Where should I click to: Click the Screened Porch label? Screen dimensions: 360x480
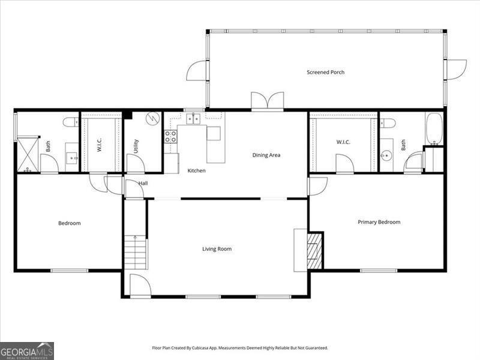click(x=325, y=73)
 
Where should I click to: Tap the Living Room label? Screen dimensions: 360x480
click(x=216, y=249)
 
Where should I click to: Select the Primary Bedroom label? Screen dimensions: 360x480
click(x=379, y=222)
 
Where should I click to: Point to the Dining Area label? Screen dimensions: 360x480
click(x=266, y=155)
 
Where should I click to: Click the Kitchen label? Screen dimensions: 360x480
click(x=196, y=171)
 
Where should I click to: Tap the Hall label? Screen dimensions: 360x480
click(x=143, y=183)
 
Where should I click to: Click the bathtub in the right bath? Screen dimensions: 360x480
click(x=434, y=128)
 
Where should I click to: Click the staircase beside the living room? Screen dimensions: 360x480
click(x=136, y=252)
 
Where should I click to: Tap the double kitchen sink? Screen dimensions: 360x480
click(x=193, y=119)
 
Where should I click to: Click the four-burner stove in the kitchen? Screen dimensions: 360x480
click(x=171, y=136)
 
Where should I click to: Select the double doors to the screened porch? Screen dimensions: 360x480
click(x=267, y=101)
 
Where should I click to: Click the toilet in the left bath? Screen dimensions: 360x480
click(x=70, y=122)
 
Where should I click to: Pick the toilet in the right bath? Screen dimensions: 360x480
click(x=388, y=123)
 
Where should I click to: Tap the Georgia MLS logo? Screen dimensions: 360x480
click(x=27, y=350)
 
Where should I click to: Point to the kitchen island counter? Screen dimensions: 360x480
click(x=215, y=144)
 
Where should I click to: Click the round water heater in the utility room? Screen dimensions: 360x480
click(x=154, y=118)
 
